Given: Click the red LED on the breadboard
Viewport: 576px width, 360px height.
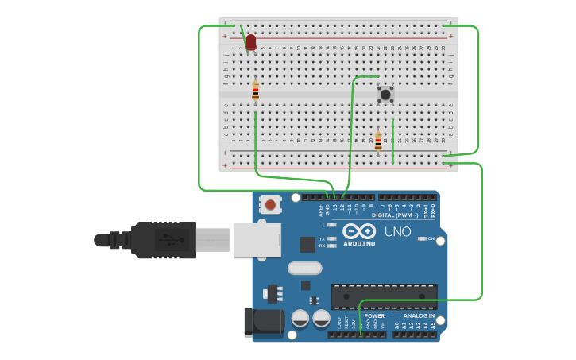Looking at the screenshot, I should pyautogui.click(x=251, y=41).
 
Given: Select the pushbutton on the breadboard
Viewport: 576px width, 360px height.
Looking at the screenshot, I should pyautogui.click(x=385, y=95).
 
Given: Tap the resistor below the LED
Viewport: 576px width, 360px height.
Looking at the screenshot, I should pyautogui.click(x=255, y=91).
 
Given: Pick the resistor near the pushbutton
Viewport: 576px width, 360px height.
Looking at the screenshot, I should pyautogui.click(x=378, y=141).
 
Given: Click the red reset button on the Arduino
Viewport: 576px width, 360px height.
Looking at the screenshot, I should pyautogui.click(x=271, y=205).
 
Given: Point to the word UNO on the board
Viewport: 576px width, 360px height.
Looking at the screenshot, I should pyautogui.click(x=398, y=232).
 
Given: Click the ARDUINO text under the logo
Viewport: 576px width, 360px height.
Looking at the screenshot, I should pyautogui.click(x=359, y=244).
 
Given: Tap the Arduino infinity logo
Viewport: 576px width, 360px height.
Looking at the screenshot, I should pyautogui.click(x=358, y=231).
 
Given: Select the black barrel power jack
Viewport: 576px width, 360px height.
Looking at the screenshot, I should pyautogui.click(x=263, y=321).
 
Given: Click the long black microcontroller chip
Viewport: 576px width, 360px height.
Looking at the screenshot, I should pyautogui.click(x=384, y=296).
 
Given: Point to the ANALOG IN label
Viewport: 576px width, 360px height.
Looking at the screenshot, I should pyautogui.click(x=412, y=316).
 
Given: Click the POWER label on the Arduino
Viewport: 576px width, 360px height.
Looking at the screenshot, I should pyautogui.click(x=374, y=316).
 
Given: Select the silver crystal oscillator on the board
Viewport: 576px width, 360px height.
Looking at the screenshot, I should pyautogui.click(x=304, y=269).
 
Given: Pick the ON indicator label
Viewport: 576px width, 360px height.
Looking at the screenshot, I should pyautogui.click(x=431, y=238).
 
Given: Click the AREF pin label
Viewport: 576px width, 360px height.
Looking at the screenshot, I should pyautogui.click(x=322, y=210).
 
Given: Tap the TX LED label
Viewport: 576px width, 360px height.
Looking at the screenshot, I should pyautogui.click(x=322, y=238).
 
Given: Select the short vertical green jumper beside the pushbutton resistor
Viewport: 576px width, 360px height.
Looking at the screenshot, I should pyautogui.click(x=392, y=141).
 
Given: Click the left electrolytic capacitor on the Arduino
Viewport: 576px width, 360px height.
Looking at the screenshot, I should pyautogui.click(x=300, y=319).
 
